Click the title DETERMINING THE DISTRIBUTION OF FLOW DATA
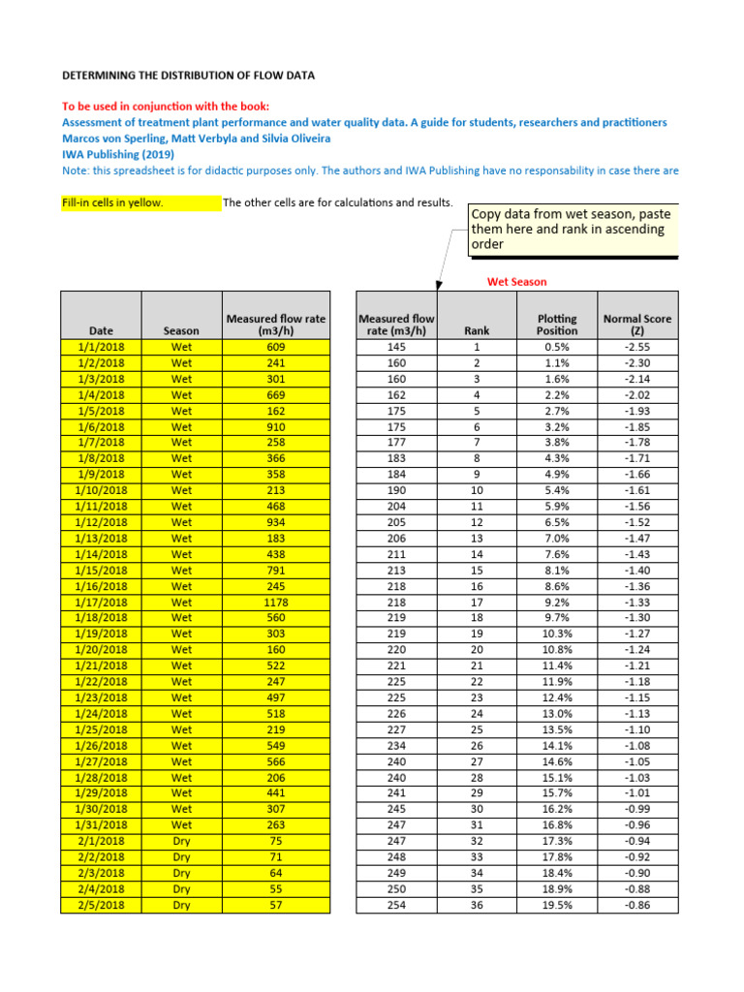coord(188,75)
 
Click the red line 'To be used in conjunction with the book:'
coord(166,107)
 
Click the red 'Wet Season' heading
coord(516,282)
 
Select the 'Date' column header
coord(101,330)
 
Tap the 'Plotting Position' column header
coord(557,324)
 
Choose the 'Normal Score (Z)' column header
coord(636,324)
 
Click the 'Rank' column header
coord(477,330)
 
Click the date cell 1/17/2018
coord(101,602)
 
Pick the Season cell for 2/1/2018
coord(181,842)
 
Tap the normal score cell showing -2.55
coord(636,347)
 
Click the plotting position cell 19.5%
coord(557,906)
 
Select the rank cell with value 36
coord(477,906)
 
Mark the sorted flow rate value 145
coord(396,347)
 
